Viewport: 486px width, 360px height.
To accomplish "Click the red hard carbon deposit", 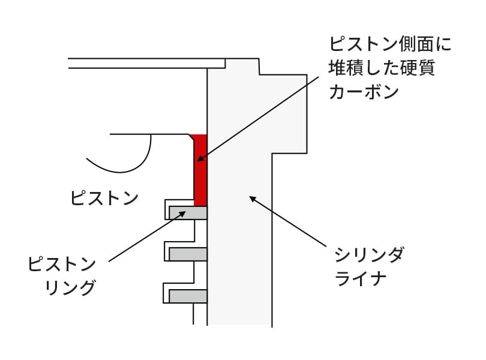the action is point(200,170).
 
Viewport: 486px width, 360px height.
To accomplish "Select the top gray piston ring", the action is point(188,213).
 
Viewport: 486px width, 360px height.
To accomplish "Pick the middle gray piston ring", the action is point(188,254).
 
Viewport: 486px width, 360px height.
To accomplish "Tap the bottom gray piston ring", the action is point(188,296).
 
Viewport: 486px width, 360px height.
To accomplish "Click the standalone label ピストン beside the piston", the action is point(104,198).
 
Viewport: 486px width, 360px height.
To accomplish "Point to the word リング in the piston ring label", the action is point(70,287).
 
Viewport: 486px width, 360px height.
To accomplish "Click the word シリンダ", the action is point(369,255).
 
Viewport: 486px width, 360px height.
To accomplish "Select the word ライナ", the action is point(361,278).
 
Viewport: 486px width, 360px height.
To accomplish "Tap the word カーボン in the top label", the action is point(364,91).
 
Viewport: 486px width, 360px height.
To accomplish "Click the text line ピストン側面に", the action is point(390,44).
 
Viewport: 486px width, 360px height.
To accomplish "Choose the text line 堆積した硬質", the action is point(382,68).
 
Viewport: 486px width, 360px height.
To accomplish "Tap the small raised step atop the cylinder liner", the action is point(242,67).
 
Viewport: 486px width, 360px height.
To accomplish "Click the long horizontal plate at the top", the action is point(146,63).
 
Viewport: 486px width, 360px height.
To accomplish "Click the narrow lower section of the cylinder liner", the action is point(240,239).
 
